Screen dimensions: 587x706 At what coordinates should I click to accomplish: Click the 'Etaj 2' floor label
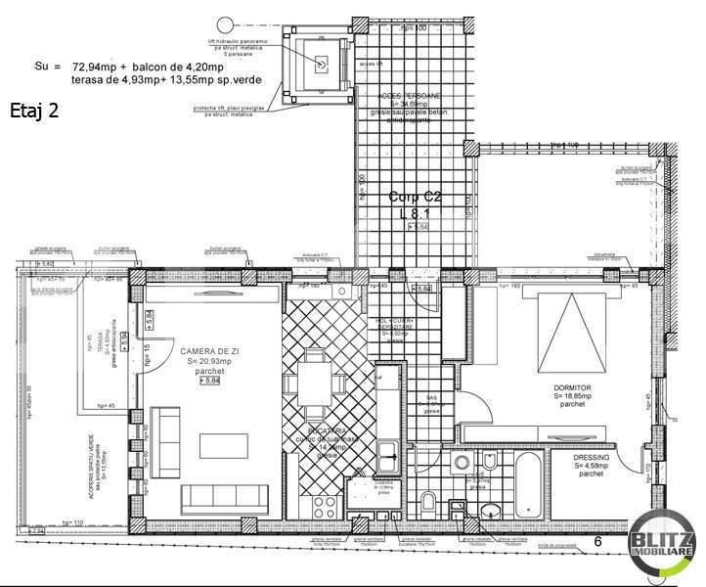34,110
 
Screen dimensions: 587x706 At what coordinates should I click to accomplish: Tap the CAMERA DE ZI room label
207,351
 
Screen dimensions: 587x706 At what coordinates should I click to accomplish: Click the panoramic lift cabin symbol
319,64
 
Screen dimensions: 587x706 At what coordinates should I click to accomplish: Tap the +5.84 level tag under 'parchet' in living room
208,382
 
